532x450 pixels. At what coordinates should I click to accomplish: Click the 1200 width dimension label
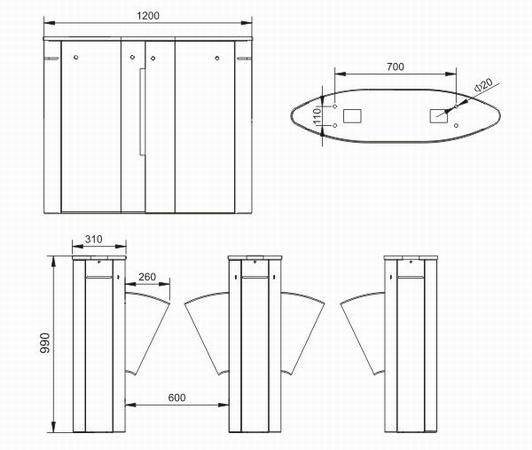coord(148,16)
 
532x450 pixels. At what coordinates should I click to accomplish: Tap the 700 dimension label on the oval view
coord(395,67)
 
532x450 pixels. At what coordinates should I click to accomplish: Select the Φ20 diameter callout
coord(483,85)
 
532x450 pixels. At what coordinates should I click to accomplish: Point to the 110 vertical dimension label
coord(317,116)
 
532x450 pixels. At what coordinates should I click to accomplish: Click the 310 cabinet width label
coord(94,239)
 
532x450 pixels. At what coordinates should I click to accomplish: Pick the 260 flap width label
coord(147,277)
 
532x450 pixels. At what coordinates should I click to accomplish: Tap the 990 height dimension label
coord(45,343)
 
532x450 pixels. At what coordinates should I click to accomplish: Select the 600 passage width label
coord(177,397)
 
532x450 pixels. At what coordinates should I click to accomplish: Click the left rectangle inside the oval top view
coord(352,116)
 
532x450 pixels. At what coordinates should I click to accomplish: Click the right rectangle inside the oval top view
coord(439,116)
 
